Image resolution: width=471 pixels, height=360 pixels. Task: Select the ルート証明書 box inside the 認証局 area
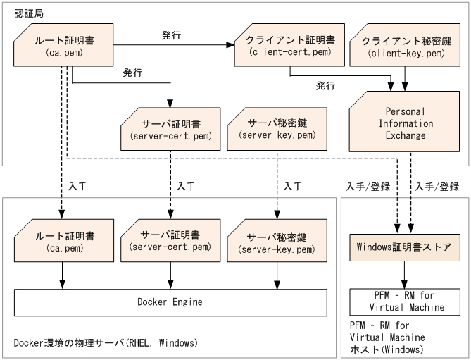click(64, 45)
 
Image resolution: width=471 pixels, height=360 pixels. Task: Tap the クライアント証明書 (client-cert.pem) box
click(287, 45)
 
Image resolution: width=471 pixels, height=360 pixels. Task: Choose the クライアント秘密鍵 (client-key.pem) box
click(404, 45)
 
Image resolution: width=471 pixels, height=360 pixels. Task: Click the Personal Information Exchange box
click(404, 124)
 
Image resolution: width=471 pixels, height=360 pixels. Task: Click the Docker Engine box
click(170, 302)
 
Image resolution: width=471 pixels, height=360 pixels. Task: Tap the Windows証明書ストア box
click(404, 247)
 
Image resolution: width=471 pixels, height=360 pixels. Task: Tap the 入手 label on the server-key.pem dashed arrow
click(291, 187)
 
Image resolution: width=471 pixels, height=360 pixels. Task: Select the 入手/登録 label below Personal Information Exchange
click(437, 187)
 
